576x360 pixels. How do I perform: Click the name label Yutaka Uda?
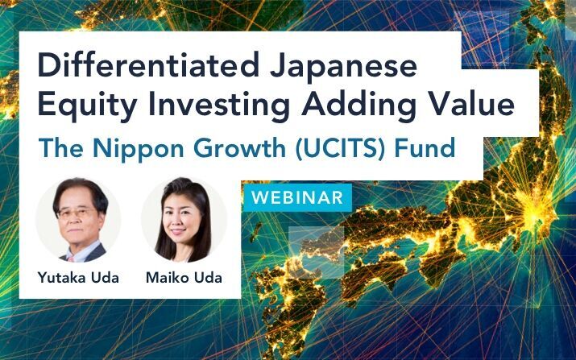(x=79, y=278)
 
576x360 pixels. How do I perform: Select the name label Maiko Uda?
(x=184, y=278)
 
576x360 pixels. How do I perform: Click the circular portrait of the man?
(x=79, y=220)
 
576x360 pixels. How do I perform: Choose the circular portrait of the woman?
(x=184, y=220)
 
